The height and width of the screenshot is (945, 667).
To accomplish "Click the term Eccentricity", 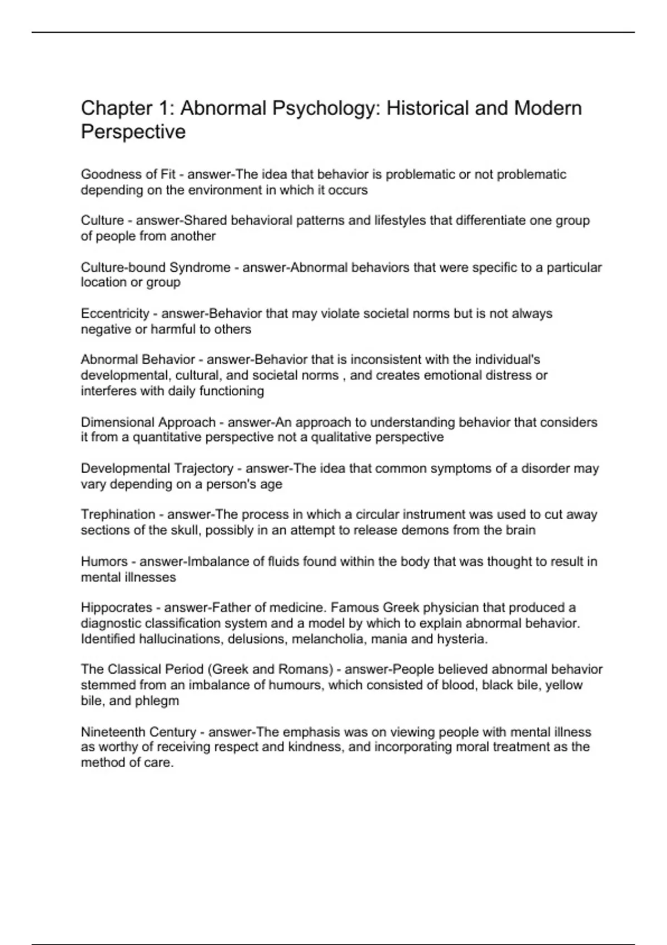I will click(x=115, y=314).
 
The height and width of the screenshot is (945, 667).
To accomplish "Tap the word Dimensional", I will click(x=119, y=422).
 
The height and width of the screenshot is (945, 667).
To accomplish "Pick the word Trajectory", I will click(x=205, y=469).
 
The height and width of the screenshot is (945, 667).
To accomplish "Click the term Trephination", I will click(x=118, y=515).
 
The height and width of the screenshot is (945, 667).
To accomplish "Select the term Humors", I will click(x=104, y=561).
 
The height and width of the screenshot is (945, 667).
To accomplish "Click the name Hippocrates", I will click(x=116, y=608).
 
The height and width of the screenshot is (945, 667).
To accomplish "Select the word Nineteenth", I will click(x=109, y=732).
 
